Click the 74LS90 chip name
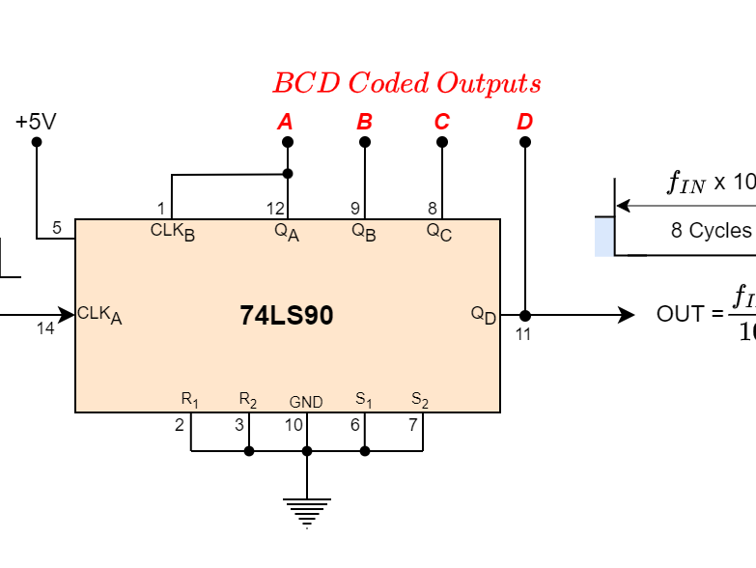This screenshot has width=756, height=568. pos(287,316)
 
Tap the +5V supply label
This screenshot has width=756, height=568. pos(36,122)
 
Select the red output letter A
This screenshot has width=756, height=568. pos(285,122)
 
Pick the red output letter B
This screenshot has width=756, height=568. pos(364,122)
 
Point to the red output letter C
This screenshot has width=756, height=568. pos(442,122)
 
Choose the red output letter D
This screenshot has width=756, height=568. pos(524,122)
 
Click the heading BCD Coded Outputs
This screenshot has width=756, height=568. pos(406,83)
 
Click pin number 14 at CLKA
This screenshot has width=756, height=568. pos(45,328)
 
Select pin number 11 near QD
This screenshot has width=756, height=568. pos(522,334)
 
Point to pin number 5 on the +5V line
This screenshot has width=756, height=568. pos(57,228)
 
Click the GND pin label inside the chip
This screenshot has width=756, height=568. pos(306,402)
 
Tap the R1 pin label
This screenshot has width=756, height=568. pos(190,400)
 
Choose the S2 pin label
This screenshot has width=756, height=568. pos(420,400)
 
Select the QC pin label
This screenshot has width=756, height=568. pos(439,232)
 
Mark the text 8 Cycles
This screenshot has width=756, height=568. pos(711,231)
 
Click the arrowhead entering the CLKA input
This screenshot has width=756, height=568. pos(68,314)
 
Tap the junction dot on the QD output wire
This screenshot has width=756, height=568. pos(525,315)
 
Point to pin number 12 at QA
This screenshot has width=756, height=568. pos(276,208)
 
